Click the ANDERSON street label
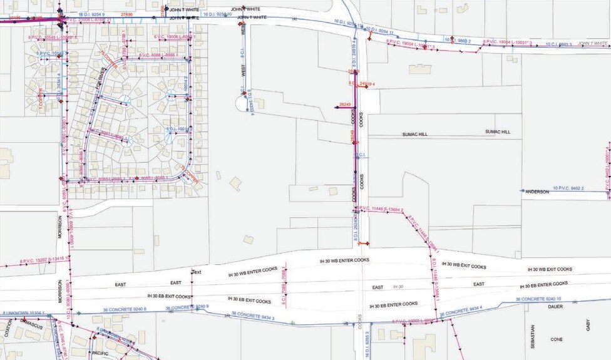click(x=537, y=192)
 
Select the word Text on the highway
click(x=197, y=272)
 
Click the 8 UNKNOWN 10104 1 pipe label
click(x=23, y=312)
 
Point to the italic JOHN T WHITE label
click(x=593, y=43)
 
